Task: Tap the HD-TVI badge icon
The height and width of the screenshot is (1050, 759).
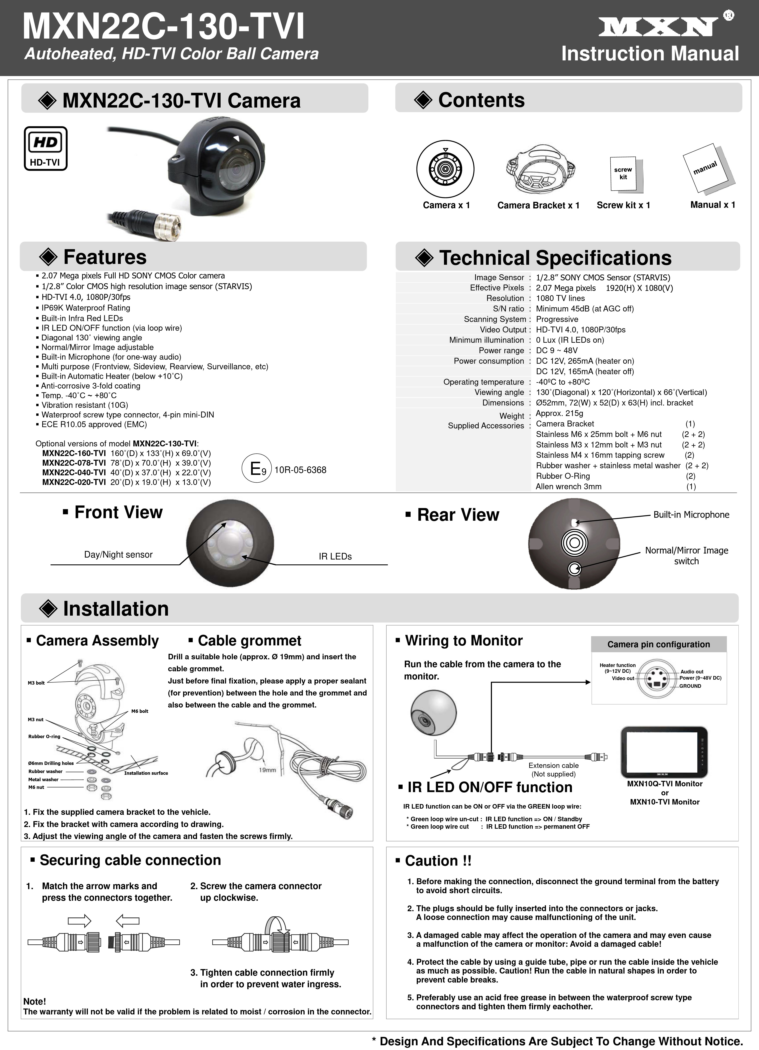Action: (45, 148)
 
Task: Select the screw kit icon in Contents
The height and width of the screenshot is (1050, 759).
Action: (623, 175)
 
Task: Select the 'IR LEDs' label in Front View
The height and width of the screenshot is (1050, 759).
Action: (335, 556)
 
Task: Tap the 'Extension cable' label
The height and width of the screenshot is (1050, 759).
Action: (554, 766)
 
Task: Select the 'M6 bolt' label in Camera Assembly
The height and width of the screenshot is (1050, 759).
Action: (140, 711)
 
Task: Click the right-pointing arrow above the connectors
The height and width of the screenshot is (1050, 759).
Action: (79, 921)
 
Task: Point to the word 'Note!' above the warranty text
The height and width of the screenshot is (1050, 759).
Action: (35, 1001)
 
